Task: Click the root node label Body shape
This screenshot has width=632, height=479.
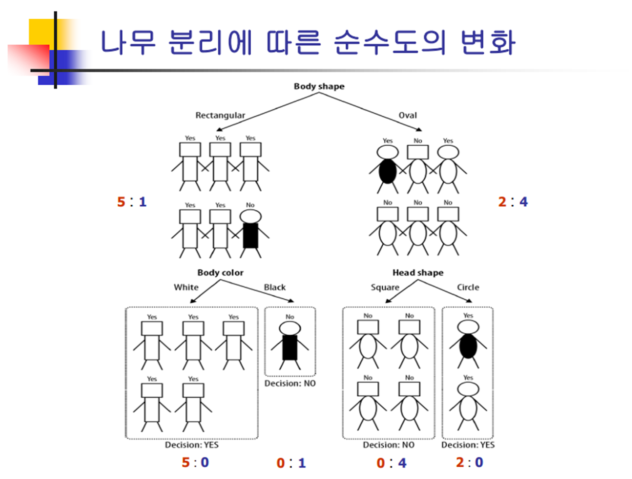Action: click(319, 87)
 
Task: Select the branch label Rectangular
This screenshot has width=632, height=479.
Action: click(220, 116)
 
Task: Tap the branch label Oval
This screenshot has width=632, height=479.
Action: click(407, 116)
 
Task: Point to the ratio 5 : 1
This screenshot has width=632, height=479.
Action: click(132, 202)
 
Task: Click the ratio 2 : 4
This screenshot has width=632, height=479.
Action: click(512, 202)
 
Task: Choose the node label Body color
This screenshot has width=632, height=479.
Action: click(220, 273)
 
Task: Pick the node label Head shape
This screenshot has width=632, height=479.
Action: click(418, 273)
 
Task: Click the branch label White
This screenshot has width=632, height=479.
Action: click(186, 287)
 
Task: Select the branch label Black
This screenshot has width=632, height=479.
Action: click(274, 287)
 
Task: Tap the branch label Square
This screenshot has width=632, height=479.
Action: click(385, 287)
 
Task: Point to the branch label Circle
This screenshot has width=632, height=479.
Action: click(467, 287)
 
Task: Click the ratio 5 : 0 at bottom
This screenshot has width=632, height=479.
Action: click(195, 463)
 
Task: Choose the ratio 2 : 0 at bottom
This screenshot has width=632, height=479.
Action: click(469, 463)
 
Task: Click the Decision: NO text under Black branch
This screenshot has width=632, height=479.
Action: click(290, 383)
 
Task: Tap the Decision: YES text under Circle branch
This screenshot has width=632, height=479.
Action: click(467, 445)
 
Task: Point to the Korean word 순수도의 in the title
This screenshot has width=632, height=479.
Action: click(389, 42)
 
